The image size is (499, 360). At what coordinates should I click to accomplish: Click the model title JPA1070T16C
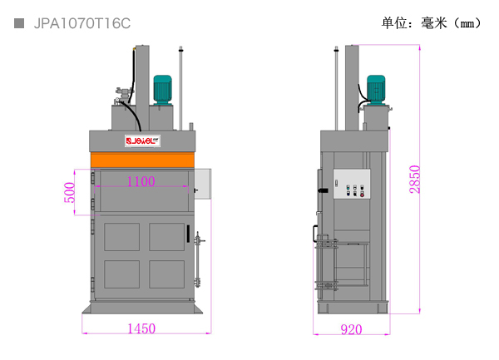click(x=82, y=23)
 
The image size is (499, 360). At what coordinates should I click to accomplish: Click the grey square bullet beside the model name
click(x=19, y=23)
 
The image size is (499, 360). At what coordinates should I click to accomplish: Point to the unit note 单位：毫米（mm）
click(x=431, y=23)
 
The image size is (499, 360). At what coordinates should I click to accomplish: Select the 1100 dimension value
click(x=141, y=181)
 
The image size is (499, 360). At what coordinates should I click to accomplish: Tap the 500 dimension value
click(x=69, y=192)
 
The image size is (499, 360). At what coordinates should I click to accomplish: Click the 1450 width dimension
click(x=141, y=328)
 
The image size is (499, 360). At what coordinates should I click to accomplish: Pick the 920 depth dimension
click(x=351, y=329)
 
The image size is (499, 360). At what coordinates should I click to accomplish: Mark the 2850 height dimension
click(x=415, y=180)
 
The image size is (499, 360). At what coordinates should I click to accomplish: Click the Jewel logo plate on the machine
click(x=142, y=141)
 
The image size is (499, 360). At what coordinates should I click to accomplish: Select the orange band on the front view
click(x=142, y=160)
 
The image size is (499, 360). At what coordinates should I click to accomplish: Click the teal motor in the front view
click(x=163, y=90)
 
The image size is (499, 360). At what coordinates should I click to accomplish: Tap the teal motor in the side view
click(x=376, y=90)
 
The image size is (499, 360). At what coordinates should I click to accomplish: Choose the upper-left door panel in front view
click(x=122, y=237)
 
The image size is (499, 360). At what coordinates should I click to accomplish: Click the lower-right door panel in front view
click(x=167, y=274)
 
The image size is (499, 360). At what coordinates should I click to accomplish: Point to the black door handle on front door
click(x=188, y=234)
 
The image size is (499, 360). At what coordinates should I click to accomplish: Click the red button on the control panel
click(x=362, y=195)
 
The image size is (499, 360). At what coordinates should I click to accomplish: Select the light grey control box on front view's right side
click(x=203, y=184)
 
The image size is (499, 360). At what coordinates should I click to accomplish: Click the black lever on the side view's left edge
click(x=323, y=190)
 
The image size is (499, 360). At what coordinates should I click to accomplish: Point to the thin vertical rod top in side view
click(x=336, y=49)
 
